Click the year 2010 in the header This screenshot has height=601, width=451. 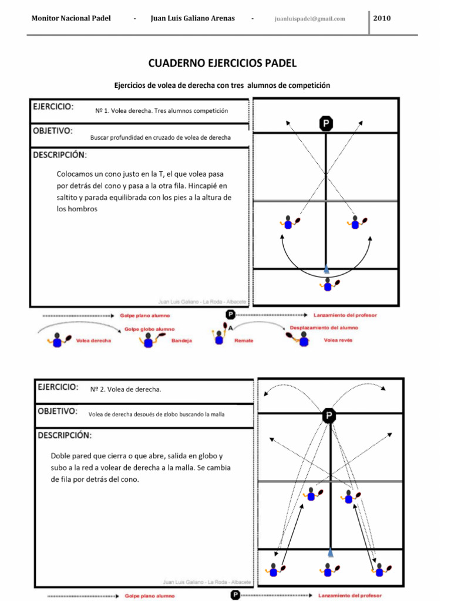click(382, 18)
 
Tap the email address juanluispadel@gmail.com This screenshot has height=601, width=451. click(309, 19)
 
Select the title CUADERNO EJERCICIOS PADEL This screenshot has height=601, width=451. click(223, 63)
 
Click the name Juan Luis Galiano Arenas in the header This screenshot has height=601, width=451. click(193, 18)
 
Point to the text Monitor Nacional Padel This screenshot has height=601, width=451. click(70, 18)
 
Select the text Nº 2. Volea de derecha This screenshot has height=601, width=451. click(126, 389)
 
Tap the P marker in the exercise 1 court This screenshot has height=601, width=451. click(326, 123)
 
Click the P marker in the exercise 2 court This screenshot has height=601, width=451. click(329, 416)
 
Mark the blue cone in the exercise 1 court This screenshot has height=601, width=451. click(327, 269)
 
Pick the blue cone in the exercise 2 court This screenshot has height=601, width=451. click(331, 552)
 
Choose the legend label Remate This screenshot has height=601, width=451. click(244, 340)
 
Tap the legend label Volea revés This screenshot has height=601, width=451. click(338, 340)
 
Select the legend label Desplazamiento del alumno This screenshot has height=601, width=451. click(324, 327)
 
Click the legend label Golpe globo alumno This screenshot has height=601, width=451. click(149, 329)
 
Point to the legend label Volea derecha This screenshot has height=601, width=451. click(93, 340)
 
